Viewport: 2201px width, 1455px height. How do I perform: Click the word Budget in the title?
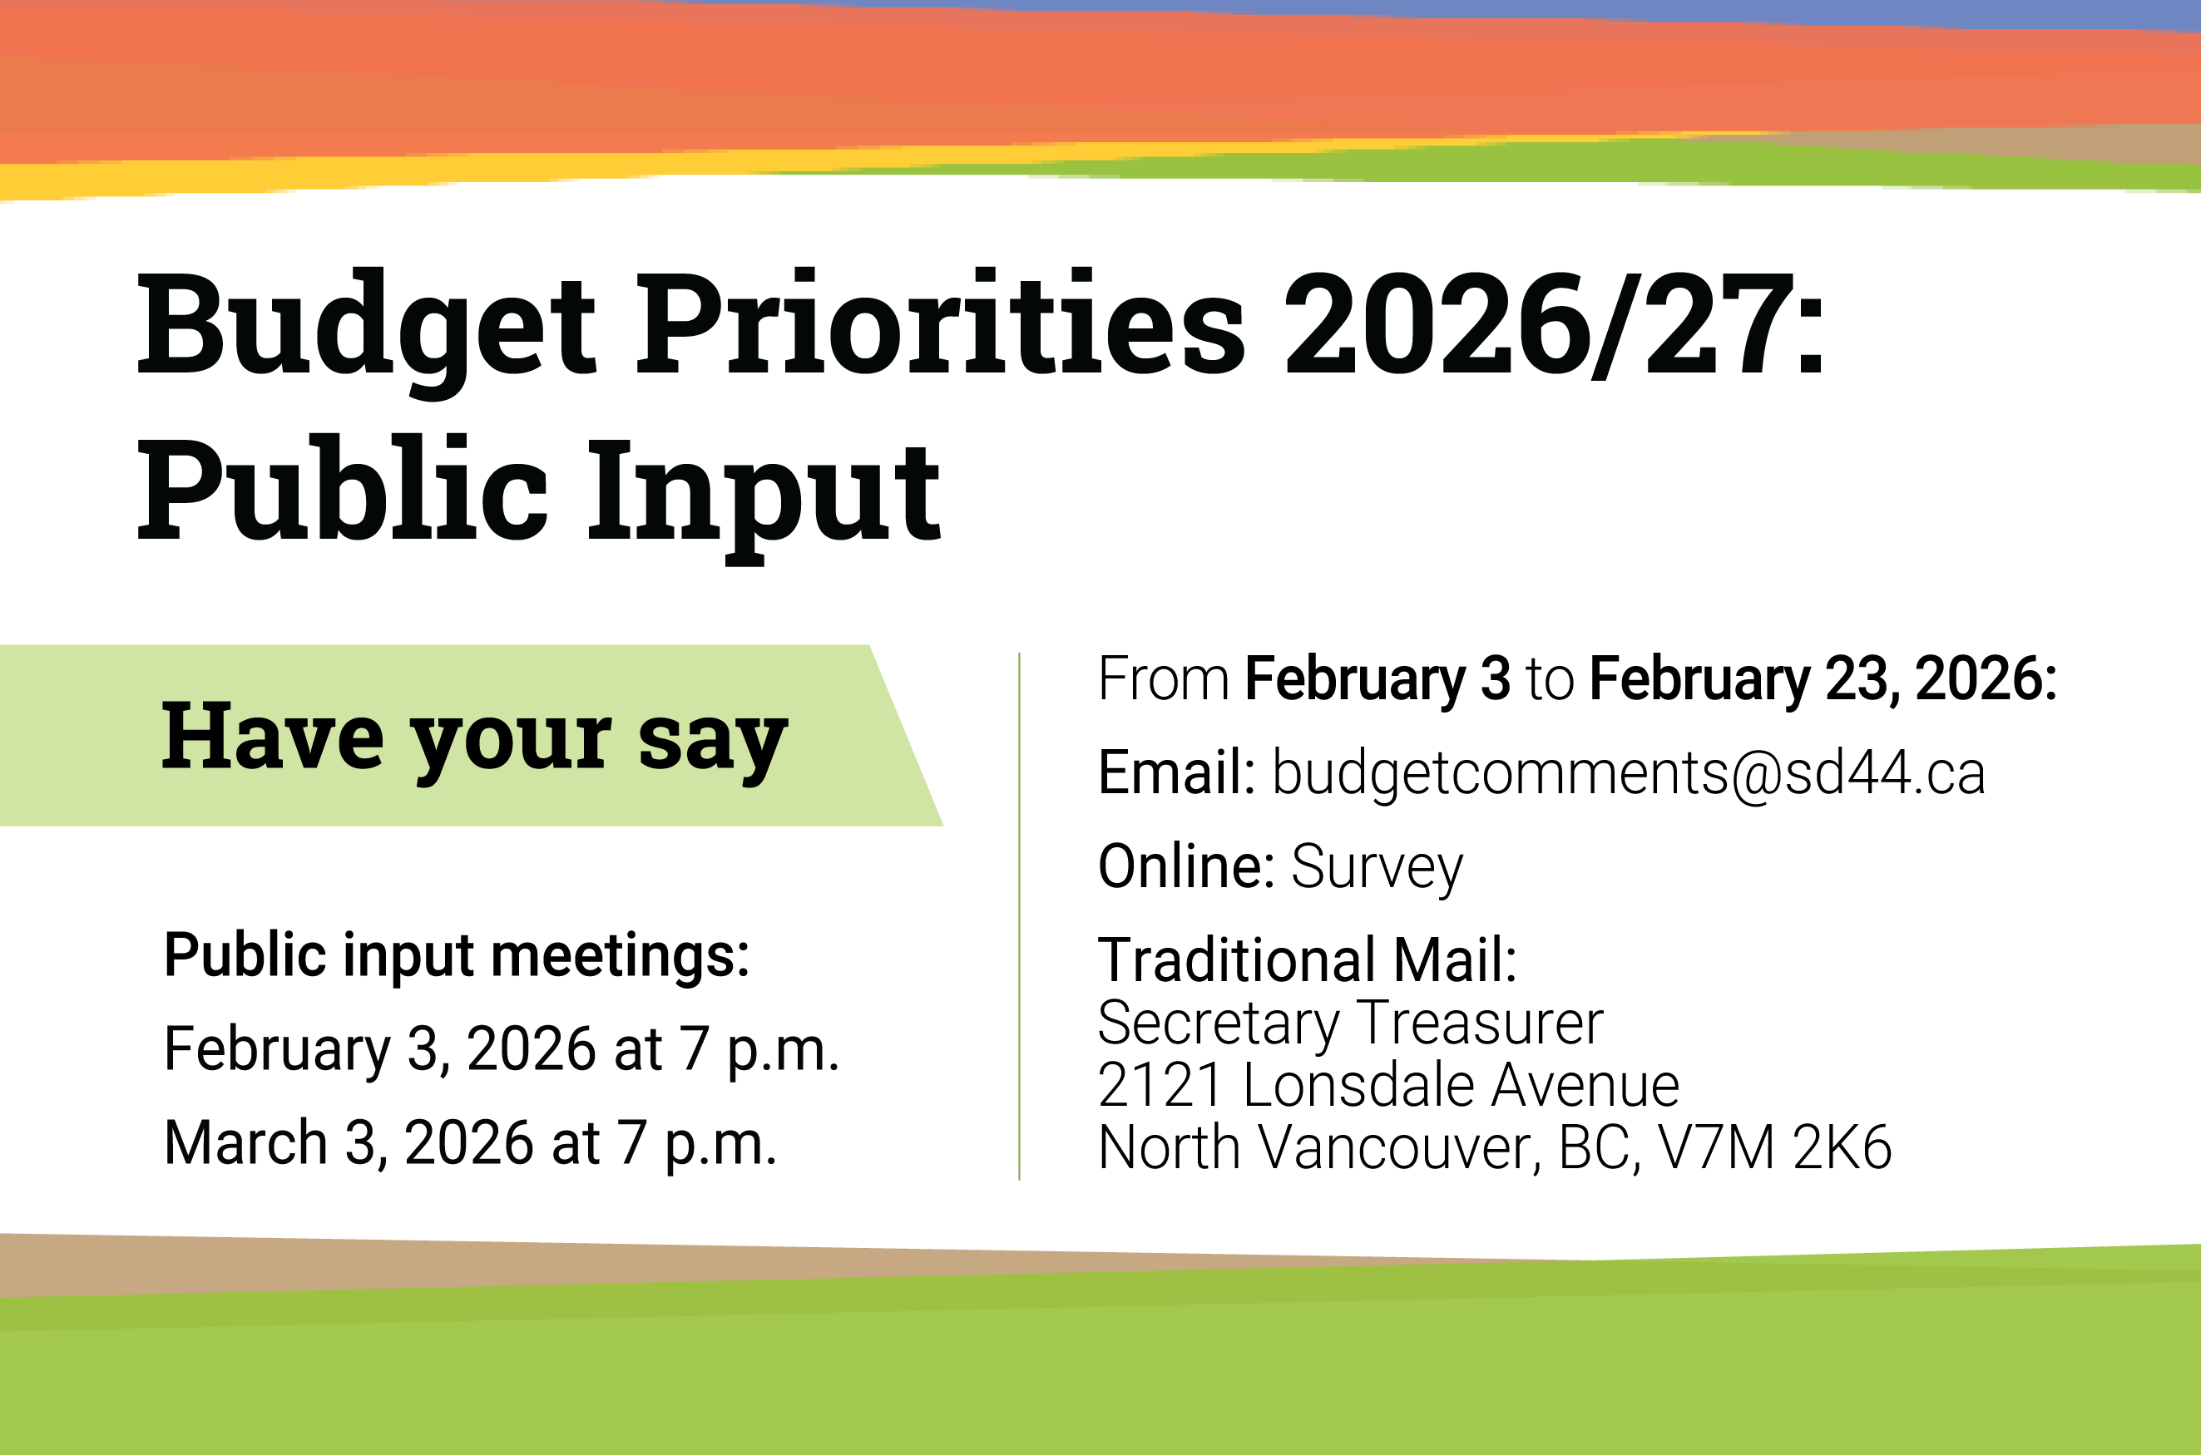coord(367,327)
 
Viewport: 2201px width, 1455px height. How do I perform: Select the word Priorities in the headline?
coord(939,327)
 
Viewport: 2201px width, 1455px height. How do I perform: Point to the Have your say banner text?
coord(474,737)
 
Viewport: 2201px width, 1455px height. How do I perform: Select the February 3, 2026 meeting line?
coord(502,1049)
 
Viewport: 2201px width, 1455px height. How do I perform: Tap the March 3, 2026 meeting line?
coord(470,1142)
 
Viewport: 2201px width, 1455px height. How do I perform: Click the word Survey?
coord(1377,866)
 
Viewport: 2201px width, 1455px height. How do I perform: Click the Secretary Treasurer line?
coord(1351,1023)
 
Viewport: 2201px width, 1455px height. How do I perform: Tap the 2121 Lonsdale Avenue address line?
coord(1387,1085)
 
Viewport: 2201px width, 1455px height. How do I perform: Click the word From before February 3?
coord(1163,678)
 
